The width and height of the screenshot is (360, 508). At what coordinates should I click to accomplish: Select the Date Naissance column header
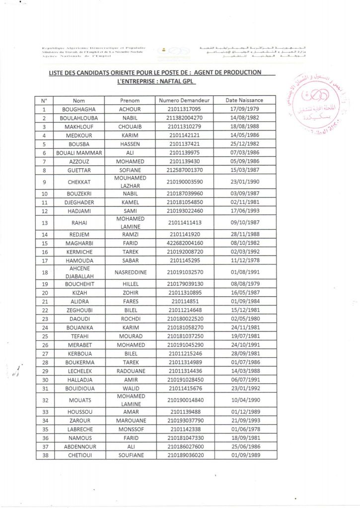244,100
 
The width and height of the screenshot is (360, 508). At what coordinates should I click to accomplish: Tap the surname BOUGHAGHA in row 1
78,109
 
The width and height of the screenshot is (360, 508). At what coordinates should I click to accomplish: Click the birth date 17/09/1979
244,109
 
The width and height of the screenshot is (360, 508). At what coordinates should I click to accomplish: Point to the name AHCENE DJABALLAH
78,273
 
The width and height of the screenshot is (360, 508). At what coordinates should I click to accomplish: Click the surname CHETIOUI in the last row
78,455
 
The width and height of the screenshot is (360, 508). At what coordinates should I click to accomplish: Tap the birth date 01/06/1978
244,429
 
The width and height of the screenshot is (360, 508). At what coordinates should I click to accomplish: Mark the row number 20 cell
45,293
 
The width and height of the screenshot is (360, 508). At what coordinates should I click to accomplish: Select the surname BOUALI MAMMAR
78,153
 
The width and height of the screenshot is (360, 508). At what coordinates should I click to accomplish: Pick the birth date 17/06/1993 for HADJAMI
244,212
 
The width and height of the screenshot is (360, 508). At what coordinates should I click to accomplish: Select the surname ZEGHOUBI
78,310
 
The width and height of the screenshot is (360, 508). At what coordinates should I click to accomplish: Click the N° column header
45,100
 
